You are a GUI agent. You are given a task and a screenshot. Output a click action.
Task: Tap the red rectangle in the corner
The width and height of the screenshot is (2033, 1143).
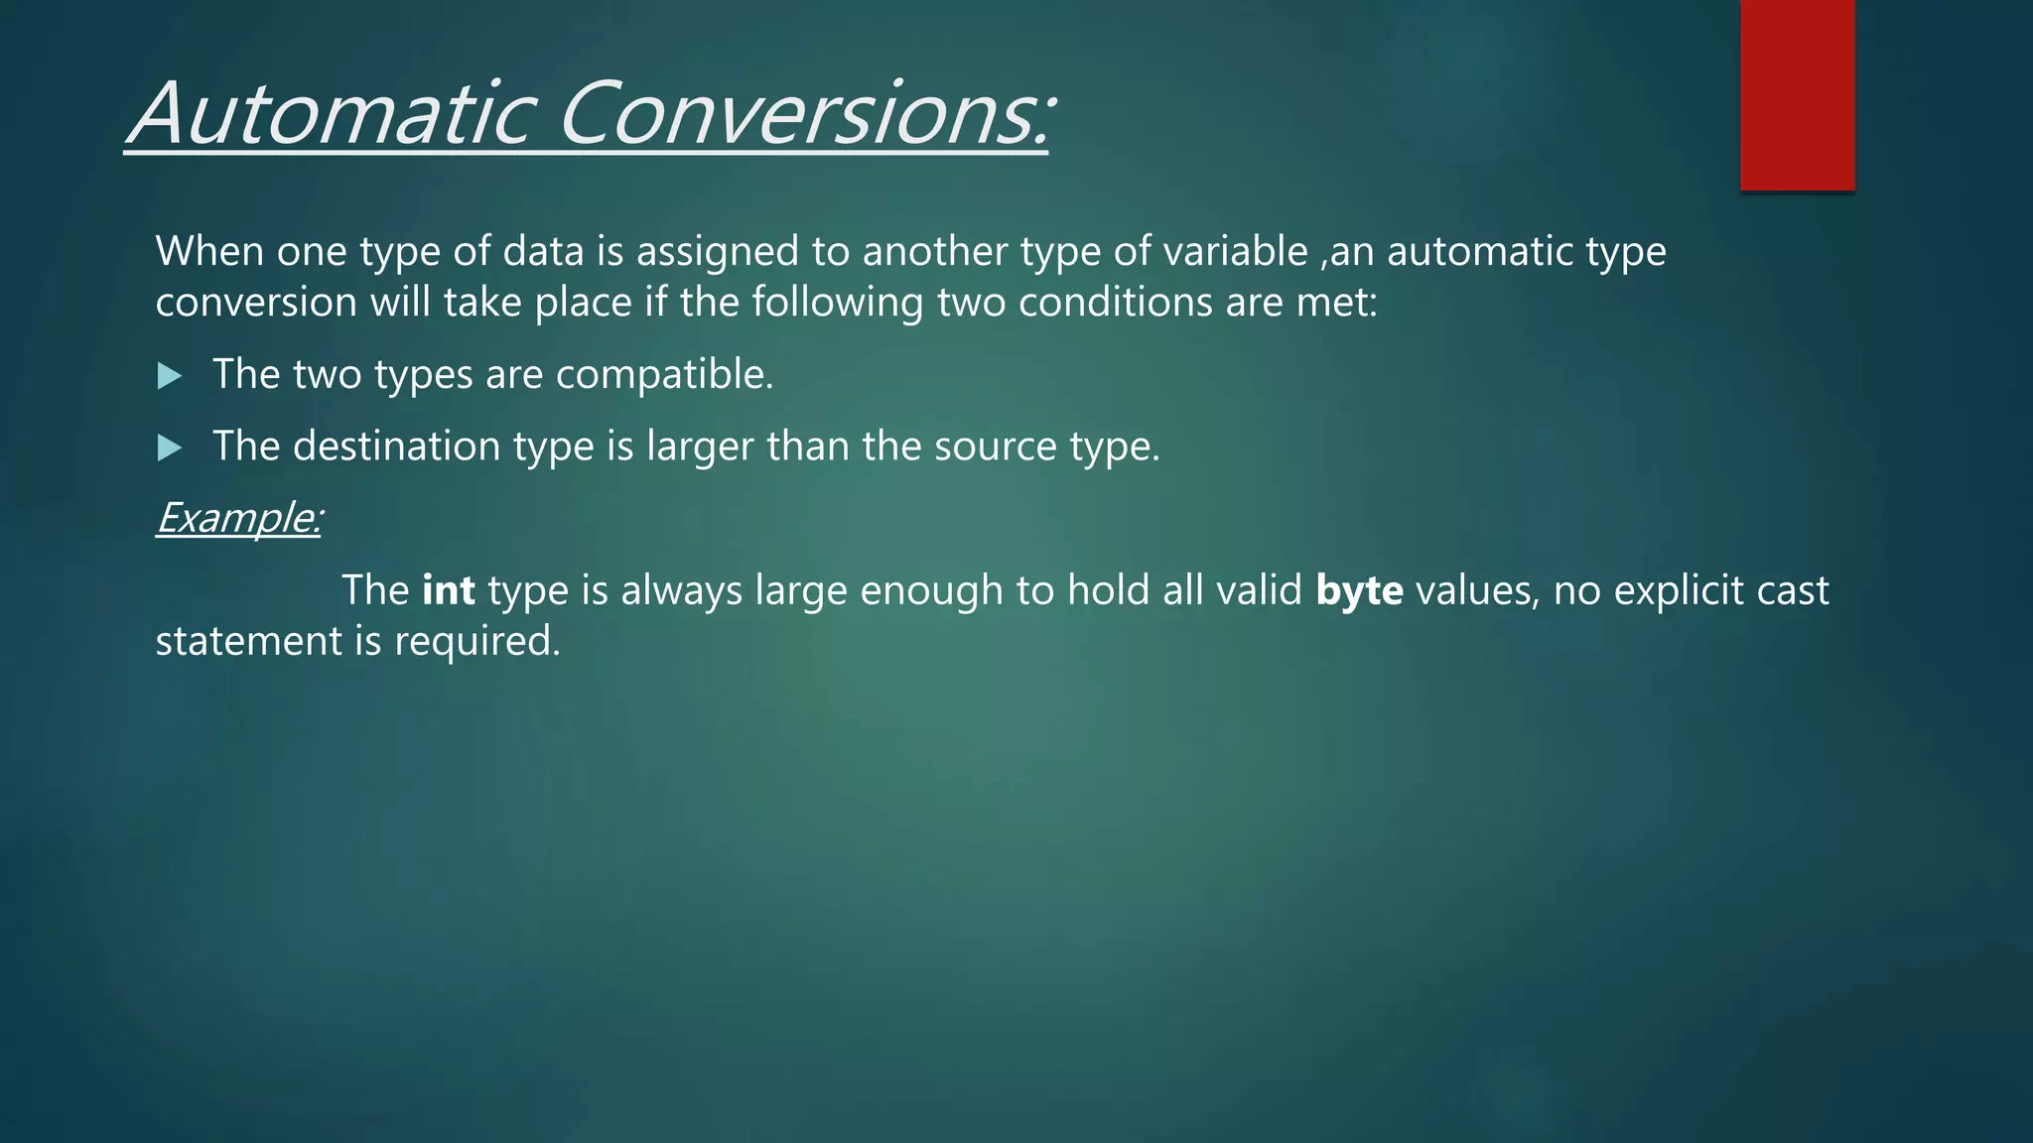click(1797, 94)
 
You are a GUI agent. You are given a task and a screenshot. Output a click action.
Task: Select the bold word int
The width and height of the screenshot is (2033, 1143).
click(449, 590)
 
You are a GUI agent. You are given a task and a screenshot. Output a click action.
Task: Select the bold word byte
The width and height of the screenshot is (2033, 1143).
click(1359, 590)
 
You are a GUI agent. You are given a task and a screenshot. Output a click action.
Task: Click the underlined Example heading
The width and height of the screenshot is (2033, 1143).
click(238, 518)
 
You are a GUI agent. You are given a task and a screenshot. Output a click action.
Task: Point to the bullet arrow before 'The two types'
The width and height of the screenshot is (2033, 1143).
click(170, 376)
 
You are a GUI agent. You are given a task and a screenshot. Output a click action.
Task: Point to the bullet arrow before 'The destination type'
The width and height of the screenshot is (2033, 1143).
click(170, 448)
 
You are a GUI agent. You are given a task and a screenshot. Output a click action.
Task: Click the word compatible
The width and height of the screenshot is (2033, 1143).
click(663, 375)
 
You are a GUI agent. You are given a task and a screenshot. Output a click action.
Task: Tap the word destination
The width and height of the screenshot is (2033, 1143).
click(396, 446)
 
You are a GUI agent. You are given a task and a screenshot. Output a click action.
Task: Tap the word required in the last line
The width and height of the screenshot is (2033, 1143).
click(476, 642)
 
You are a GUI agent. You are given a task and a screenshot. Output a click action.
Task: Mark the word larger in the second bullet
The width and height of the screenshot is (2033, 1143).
click(700, 447)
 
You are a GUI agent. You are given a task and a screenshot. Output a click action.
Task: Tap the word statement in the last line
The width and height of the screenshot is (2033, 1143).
click(248, 642)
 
